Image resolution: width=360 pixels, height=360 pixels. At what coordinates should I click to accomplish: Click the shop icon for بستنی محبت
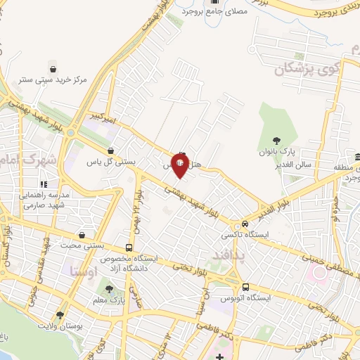pos(83,236)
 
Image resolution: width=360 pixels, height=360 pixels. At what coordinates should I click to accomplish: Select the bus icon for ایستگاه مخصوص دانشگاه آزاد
pos(128,248)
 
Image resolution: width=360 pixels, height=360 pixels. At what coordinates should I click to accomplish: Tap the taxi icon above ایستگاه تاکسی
pos(245,224)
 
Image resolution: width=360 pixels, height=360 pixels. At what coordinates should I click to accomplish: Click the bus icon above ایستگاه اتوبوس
pos(245,287)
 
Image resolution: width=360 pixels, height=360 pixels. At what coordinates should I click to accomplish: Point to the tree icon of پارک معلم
pos(108,288)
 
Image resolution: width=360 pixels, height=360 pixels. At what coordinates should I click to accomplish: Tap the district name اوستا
pos(84,271)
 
